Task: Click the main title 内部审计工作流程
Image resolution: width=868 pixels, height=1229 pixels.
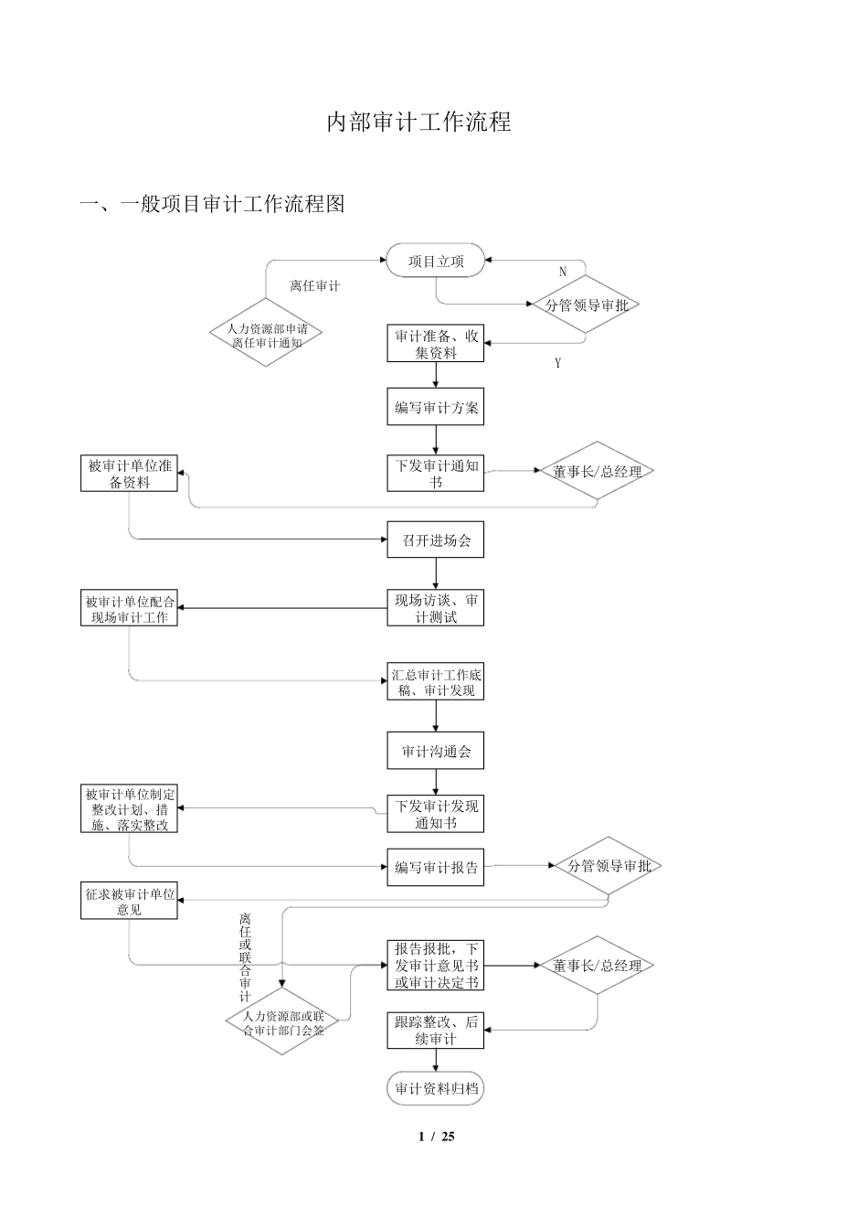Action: (418, 122)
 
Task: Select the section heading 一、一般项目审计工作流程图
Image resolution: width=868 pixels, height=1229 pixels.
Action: (212, 204)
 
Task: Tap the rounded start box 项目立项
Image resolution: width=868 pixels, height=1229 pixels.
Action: (435, 262)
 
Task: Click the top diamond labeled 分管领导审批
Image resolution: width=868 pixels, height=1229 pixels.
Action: (586, 305)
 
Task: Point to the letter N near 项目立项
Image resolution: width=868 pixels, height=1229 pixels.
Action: (563, 272)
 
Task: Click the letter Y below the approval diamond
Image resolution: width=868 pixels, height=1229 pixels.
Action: (557, 363)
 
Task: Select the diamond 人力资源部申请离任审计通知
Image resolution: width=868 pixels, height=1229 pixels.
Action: (266, 335)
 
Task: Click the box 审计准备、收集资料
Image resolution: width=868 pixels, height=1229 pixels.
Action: (435, 344)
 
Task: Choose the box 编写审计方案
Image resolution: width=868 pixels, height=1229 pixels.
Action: (435, 408)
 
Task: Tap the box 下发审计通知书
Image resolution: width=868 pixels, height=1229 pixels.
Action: (435, 473)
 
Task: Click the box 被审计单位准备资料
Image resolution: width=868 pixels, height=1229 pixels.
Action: (129, 474)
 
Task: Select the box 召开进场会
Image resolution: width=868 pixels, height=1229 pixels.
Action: (435, 540)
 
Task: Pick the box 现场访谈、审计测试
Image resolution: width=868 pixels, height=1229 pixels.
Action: (435, 609)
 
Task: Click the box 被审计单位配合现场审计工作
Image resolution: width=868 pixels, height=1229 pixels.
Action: (129, 609)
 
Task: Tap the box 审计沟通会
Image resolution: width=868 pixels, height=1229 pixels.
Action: (435, 752)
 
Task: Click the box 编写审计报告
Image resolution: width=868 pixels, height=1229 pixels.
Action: (435, 867)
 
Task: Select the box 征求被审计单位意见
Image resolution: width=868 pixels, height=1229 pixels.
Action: (129, 902)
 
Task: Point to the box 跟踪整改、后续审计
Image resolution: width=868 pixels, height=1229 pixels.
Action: (435, 1031)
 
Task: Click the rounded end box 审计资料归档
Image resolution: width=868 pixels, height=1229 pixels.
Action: (435, 1089)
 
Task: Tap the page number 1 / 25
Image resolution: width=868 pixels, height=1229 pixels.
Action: (436, 1137)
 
